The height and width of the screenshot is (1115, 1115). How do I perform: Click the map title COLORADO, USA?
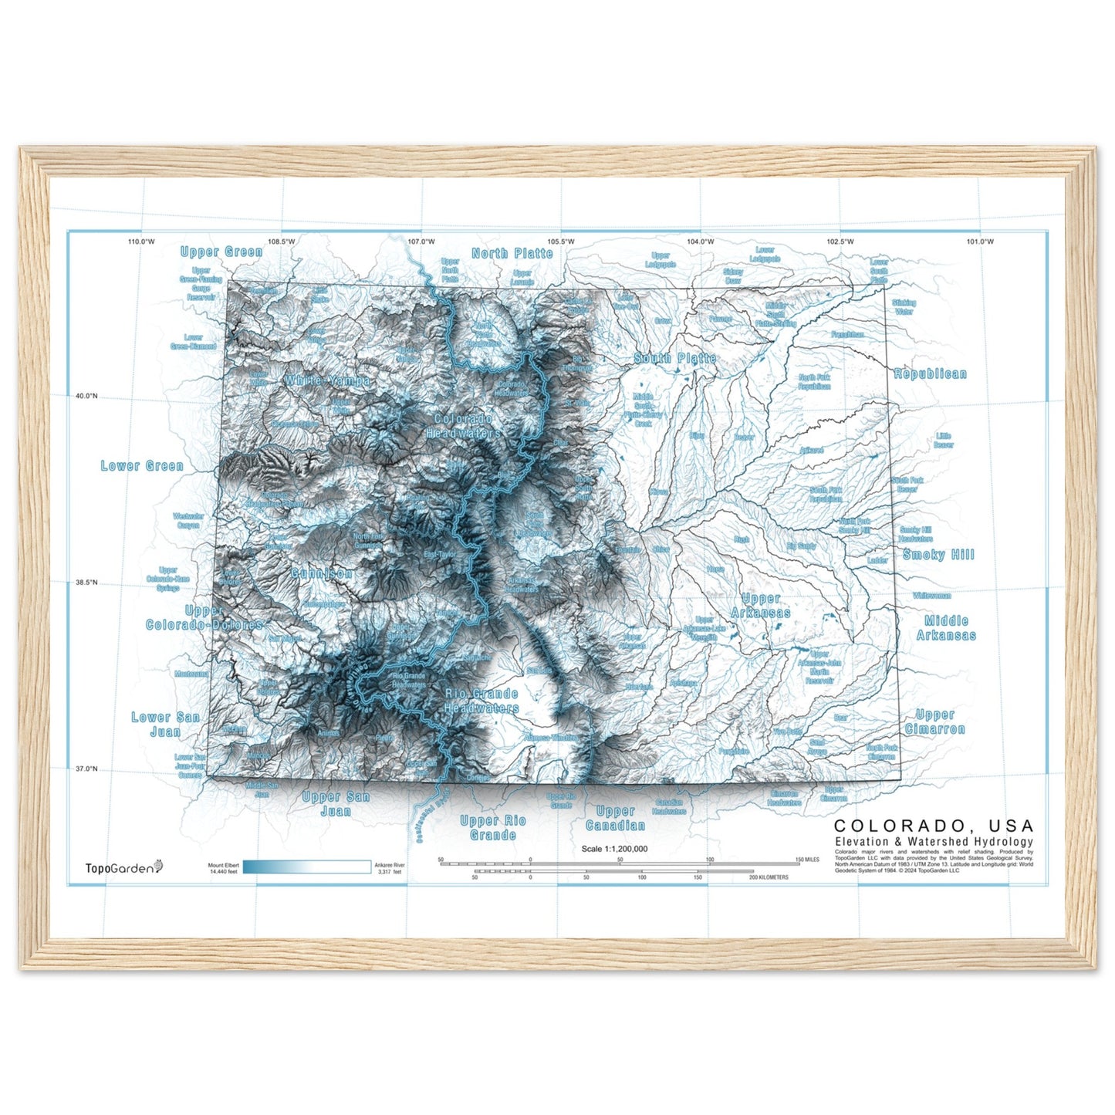point(934,826)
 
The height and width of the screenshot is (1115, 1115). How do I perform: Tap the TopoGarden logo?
point(123,868)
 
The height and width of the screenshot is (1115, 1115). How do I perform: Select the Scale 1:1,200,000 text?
point(614,849)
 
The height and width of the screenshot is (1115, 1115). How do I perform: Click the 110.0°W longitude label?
point(141,242)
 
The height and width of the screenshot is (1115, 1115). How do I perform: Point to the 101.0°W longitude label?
point(980,242)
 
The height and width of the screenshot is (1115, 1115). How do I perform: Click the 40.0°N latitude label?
point(86,396)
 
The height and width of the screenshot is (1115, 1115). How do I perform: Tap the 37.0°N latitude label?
point(86,769)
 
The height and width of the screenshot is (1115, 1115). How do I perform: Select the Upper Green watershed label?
point(221,252)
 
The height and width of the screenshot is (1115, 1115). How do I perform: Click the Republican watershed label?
point(930,374)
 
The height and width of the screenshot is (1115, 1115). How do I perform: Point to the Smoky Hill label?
point(938,555)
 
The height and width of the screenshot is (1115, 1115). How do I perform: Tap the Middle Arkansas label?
point(946,628)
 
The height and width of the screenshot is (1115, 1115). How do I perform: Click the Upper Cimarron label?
point(935,721)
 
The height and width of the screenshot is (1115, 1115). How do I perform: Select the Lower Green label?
point(142,466)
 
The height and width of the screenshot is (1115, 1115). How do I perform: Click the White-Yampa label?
point(327,381)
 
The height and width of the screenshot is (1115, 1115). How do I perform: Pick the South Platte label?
point(675,358)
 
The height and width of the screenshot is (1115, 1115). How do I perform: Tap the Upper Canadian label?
point(615,819)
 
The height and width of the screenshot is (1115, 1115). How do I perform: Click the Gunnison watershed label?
point(322,573)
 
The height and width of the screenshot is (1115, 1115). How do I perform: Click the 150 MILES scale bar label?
point(807,859)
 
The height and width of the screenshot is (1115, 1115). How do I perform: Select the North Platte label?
point(512,253)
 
